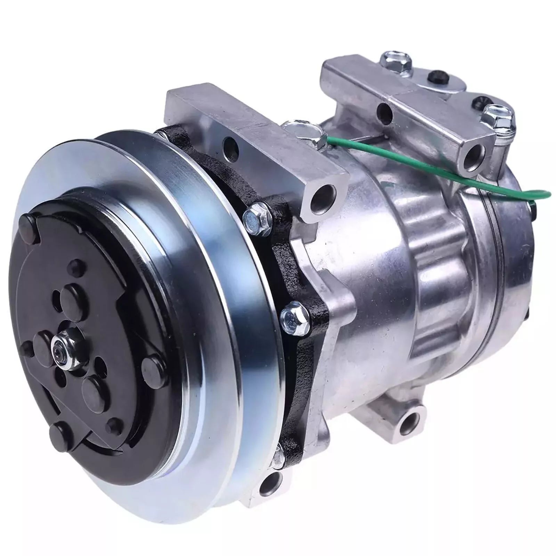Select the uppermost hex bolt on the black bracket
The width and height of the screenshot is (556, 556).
pyautogui.click(x=257, y=218)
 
